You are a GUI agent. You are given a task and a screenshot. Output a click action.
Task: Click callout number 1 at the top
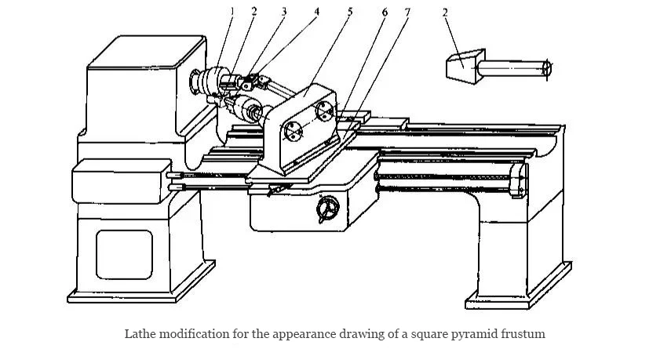(232, 11)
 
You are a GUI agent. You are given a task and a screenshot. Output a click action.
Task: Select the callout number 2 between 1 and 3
(253, 11)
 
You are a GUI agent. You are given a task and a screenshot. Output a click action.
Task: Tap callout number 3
(283, 11)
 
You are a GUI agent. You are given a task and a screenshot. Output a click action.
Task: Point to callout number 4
(316, 11)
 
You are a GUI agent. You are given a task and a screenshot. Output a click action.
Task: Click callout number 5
(350, 12)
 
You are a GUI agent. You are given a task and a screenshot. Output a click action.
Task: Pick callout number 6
(384, 12)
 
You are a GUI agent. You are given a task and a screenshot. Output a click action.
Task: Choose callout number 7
(407, 12)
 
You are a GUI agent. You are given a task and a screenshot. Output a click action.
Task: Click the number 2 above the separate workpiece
(445, 13)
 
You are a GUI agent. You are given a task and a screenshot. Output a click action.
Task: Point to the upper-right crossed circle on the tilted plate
(324, 111)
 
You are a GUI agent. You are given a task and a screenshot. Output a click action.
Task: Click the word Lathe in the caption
(140, 334)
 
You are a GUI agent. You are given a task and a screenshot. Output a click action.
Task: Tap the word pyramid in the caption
(468, 334)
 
